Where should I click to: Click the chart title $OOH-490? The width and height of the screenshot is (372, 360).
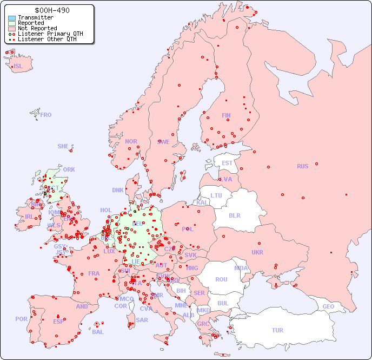(x=51, y=10)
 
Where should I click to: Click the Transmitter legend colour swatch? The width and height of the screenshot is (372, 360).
(x=12, y=18)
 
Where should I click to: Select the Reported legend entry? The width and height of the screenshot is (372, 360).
(x=31, y=23)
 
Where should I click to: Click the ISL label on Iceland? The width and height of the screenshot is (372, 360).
(x=18, y=67)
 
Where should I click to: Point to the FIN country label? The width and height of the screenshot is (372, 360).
(x=226, y=115)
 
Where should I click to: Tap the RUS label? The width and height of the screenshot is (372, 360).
(x=302, y=166)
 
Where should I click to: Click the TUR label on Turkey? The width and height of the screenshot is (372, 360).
(x=277, y=330)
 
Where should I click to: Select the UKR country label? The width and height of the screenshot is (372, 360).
(x=257, y=252)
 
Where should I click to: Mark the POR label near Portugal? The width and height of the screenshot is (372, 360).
(x=21, y=319)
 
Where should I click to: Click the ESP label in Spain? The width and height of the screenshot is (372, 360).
(x=58, y=322)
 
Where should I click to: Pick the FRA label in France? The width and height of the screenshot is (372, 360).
(x=94, y=273)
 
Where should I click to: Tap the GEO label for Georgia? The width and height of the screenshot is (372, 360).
(x=328, y=307)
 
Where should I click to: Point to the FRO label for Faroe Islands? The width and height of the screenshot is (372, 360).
(x=46, y=115)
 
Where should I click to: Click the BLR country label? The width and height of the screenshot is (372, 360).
(x=234, y=215)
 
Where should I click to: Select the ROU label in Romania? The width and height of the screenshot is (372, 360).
(x=221, y=279)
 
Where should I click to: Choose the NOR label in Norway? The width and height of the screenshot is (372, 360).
(x=131, y=141)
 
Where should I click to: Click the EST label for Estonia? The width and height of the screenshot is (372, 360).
(x=227, y=163)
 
